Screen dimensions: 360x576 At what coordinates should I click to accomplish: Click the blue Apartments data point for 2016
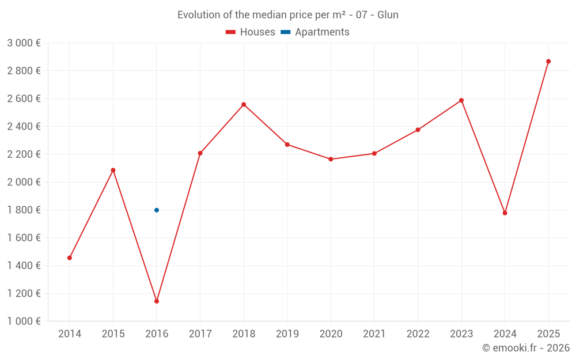point(157,210)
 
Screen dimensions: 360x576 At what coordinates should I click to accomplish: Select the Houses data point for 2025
point(548,62)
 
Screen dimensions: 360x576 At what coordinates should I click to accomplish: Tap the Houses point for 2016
point(157,301)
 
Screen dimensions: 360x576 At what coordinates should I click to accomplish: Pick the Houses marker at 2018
point(244,105)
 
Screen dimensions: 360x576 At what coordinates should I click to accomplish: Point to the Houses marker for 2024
point(505,213)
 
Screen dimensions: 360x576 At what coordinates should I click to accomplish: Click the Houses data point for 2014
point(70,258)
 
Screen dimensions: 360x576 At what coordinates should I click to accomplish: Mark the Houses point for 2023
point(461,100)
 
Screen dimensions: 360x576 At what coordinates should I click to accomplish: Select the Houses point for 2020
point(331,159)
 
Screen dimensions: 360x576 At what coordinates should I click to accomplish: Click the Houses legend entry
point(251,32)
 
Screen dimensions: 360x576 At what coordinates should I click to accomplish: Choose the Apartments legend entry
point(316,32)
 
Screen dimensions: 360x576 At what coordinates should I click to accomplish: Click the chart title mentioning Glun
point(288,15)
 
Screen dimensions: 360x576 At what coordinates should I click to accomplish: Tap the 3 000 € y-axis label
point(24,43)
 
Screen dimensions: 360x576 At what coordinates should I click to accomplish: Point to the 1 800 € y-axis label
point(24,210)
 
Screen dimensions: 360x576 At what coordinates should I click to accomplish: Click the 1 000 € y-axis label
point(24,321)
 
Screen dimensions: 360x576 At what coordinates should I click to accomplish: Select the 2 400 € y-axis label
point(24,127)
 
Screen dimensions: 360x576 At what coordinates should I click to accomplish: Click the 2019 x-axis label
point(287,334)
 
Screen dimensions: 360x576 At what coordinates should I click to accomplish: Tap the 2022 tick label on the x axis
point(418,334)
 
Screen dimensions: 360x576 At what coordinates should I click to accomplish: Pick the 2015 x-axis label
point(113,334)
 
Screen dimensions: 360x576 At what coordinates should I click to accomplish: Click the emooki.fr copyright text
point(525,348)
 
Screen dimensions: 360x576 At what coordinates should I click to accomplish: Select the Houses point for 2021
point(374,153)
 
